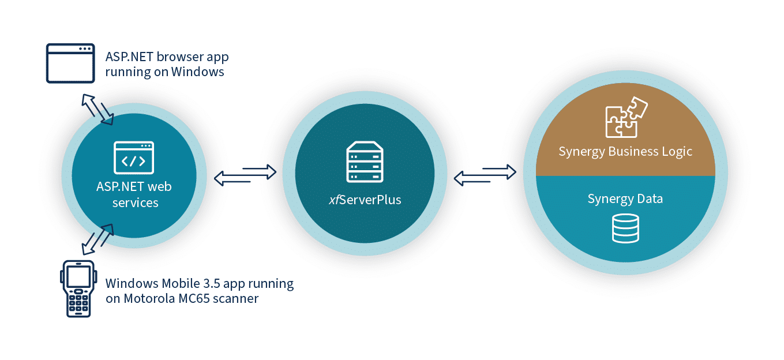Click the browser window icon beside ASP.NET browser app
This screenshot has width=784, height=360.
[x=70, y=63]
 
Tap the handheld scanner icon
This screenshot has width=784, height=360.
[x=77, y=288]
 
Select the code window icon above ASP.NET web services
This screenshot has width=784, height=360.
[x=134, y=157]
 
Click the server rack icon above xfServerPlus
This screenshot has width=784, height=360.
[x=364, y=164]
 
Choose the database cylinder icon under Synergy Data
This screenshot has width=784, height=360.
[x=625, y=228]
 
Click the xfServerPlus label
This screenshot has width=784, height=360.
[x=365, y=200]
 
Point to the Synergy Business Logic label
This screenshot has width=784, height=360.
[x=625, y=152]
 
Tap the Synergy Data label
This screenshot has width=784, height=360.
[x=625, y=199]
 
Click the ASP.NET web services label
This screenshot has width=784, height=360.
[x=134, y=194]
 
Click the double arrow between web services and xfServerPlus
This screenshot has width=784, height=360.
[x=245, y=175]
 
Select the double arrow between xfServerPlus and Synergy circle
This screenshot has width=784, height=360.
[x=485, y=175]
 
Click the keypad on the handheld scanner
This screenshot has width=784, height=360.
[x=77, y=301]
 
